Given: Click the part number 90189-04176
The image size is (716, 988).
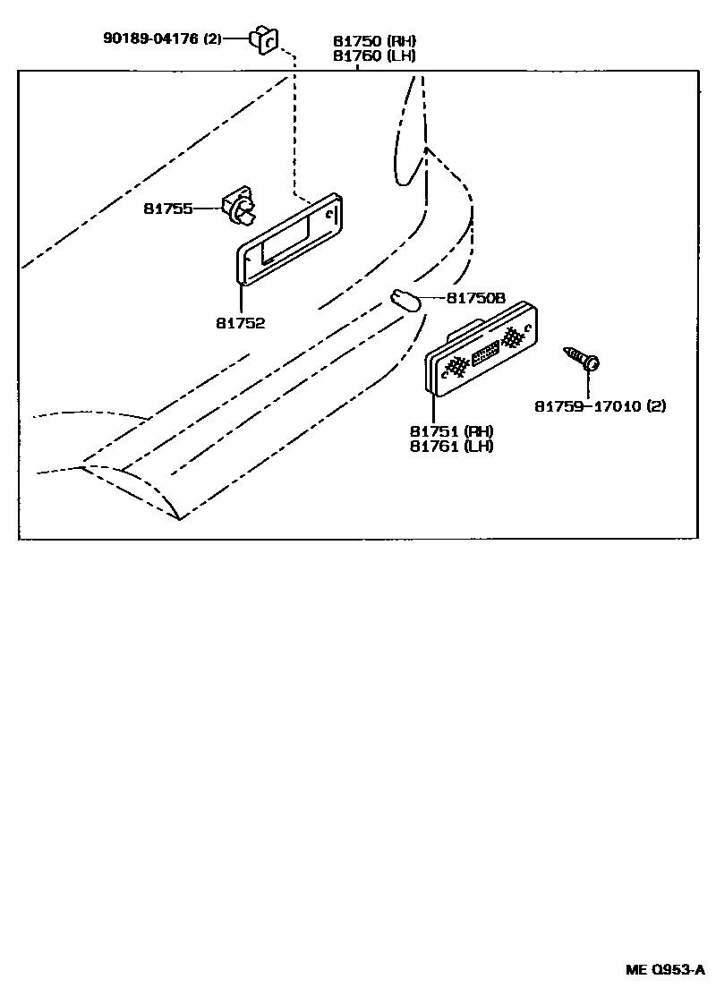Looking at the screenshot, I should (151, 38).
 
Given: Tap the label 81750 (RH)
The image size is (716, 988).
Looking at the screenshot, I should (373, 41).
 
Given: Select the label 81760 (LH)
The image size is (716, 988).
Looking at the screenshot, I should (373, 55).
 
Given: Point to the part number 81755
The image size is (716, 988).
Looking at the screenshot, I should (168, 209).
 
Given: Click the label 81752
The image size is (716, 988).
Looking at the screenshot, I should (240, 323).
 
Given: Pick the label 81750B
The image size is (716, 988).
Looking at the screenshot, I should (475, 298).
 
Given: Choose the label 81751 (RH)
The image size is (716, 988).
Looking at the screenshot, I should (452, 431).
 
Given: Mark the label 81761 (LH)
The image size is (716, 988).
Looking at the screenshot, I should (452, 446).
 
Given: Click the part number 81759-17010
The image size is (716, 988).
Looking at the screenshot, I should (586, 406).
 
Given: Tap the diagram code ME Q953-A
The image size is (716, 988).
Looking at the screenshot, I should (665, 969).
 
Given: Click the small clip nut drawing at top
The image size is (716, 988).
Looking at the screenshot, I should (267, 39).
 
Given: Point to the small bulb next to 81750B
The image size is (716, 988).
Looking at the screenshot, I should (404, 300).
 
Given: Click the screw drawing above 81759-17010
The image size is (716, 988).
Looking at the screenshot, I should (582, 358).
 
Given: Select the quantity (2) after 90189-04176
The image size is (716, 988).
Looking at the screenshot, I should (212, 38).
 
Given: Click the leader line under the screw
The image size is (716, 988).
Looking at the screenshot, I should (589, 383).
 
